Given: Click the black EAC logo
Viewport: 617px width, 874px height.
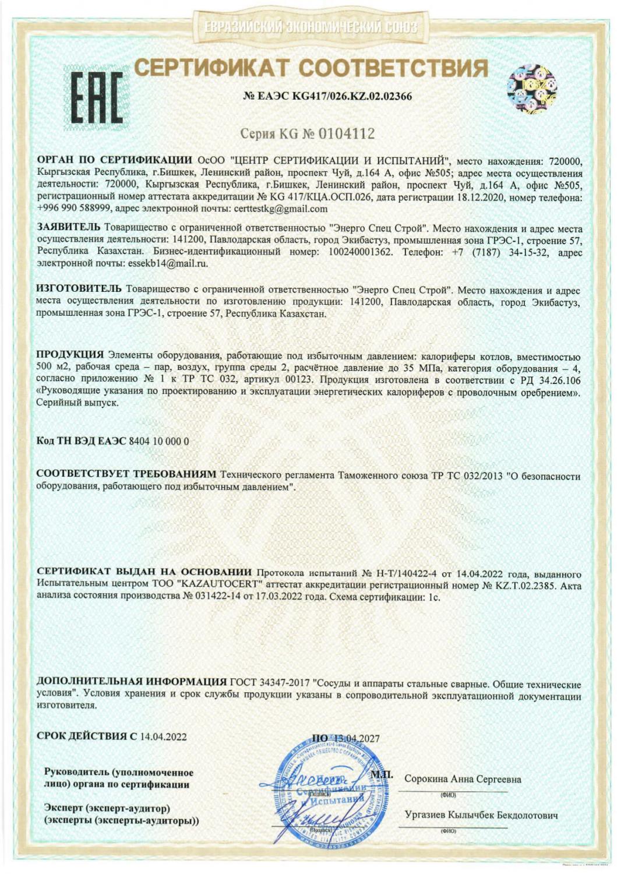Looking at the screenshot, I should click(97, 97).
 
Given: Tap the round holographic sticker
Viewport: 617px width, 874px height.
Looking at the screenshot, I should click(531, 89).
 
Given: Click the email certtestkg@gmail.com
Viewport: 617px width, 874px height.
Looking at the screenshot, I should click(280, 209).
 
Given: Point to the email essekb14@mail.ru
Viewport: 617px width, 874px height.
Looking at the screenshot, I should click(167, 263).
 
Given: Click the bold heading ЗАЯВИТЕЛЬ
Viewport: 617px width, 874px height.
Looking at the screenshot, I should click(68, 228).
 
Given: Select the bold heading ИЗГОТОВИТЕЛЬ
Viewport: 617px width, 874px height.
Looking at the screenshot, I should click(79, 289).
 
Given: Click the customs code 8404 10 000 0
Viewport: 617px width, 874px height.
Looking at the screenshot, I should click(158, 441).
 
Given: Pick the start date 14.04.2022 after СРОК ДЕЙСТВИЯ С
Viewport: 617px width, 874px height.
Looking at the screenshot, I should click(163, 737).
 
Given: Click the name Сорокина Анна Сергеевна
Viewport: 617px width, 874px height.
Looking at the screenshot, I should click(463, 780).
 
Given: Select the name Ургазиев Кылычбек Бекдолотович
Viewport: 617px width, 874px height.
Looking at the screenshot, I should click(481, 816).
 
